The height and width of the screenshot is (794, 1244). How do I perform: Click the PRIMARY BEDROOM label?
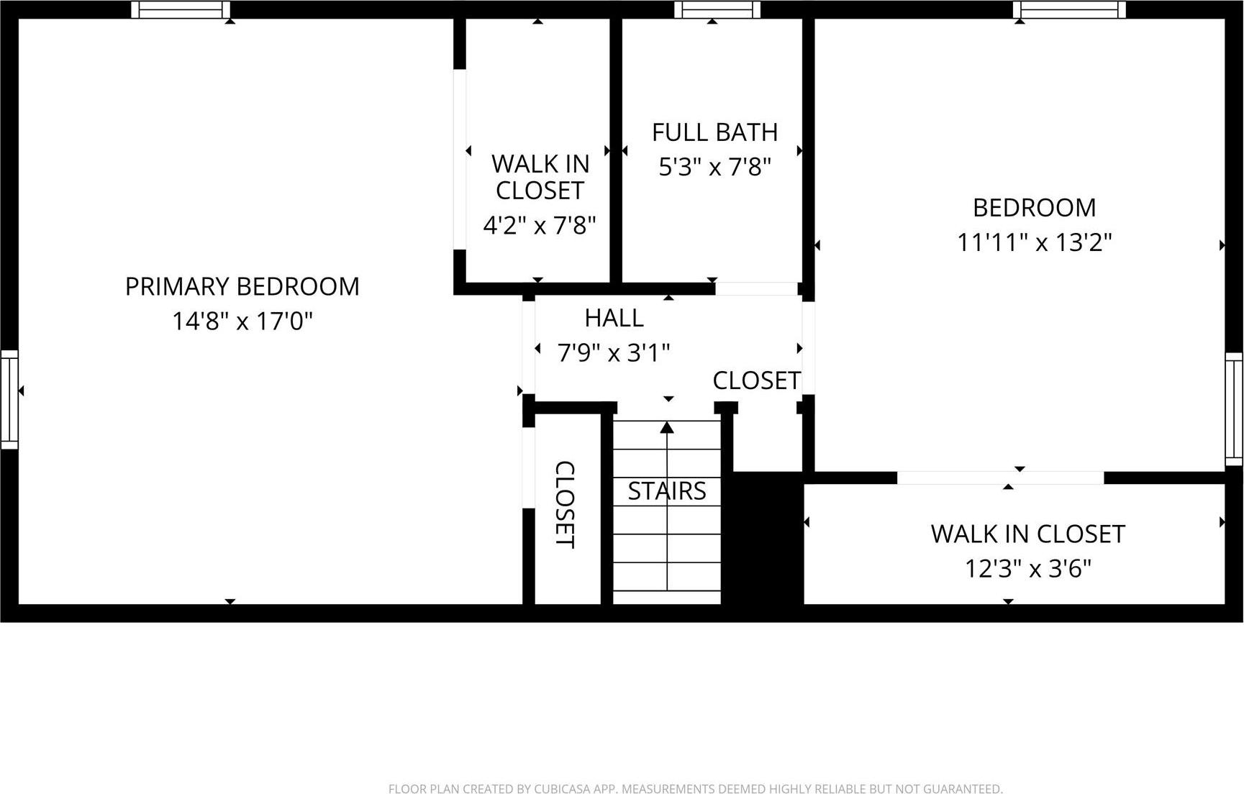coord(242,286)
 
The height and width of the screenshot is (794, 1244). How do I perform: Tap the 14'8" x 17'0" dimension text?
coord(242,321)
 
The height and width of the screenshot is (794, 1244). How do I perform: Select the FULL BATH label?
coord(714,132)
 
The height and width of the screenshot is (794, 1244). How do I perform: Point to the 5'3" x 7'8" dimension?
coord(714,168)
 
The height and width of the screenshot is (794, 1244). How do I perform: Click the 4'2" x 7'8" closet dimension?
coord(539,226)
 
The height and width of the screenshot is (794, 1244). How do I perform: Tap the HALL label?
coord(614,317)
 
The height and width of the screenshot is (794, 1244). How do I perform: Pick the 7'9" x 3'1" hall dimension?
coord(614,353)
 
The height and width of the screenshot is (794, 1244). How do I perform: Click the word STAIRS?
coord(666,491)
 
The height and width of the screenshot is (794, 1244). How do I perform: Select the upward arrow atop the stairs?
coord(667,428)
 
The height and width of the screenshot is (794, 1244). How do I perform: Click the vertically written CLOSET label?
coord(565,504)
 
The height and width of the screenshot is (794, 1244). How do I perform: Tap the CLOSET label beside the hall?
coord(756,380)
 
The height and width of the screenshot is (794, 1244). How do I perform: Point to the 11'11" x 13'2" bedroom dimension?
coord(1034,242)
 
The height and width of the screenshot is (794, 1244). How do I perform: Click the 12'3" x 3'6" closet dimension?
coord(1027,569)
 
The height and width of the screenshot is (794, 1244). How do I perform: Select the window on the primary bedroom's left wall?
coord(9,399)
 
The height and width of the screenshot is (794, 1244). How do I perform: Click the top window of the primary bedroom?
coord(181,9)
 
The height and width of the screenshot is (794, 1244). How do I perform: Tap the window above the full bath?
coord(717,9)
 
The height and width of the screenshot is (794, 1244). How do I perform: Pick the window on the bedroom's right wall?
coord(1233,409)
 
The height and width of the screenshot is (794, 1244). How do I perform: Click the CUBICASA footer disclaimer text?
coord(695,789)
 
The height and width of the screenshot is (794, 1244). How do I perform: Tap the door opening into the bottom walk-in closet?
coord(1000,478)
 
